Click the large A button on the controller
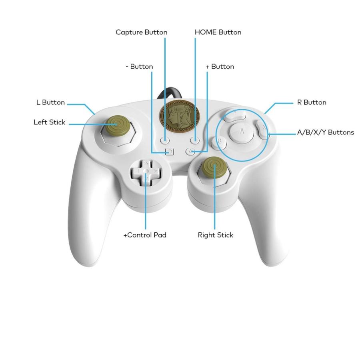click(242, 132)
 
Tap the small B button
click(220, 142)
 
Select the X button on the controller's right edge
click(263, 129)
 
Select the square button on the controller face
click(170, 152)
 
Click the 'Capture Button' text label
click(142, 32)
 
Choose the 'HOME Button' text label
click(218, 32)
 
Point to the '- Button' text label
click(139, 66)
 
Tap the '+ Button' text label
click(220, 66)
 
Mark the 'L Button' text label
click(50, 102)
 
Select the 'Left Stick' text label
click(49, 122)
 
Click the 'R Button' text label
click(312, 102)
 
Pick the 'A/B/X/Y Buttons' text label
click(325, 132)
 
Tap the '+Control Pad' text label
click(145, 235)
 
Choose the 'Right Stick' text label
click(215, 235)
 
